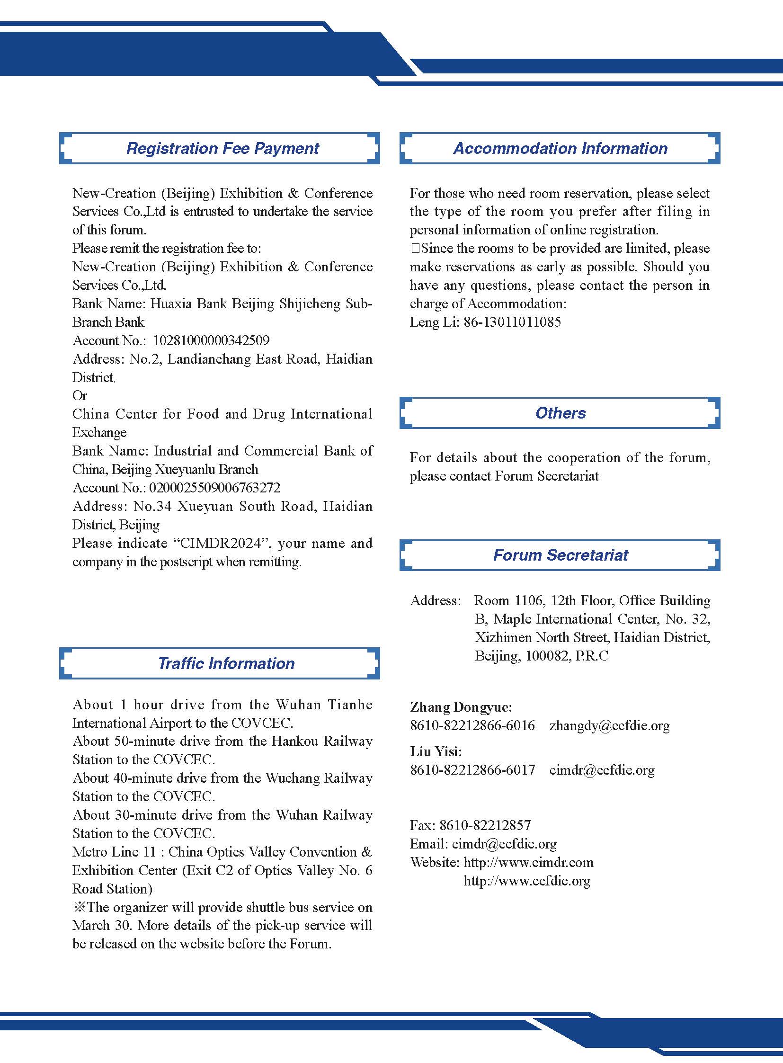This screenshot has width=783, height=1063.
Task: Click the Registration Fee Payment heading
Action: pyautogui.click(x=222, y=148)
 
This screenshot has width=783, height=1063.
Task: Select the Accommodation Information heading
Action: pyautogui.click(x=560, y=148)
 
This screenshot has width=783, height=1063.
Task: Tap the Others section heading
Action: pyautogui.click(x=560, y=413)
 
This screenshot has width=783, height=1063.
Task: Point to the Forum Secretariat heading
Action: pyautogui.click(x=560, y=555)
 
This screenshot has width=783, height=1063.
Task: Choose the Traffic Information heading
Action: pyautogui.click(x=226, y=663)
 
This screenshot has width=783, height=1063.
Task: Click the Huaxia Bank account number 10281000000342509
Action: pyautogui.click(x=211, y=340)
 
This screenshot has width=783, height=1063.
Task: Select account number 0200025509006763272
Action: pyautogui.click(x=214, y=488)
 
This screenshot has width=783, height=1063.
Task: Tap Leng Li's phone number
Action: pyautogui.click(x=512, y=322)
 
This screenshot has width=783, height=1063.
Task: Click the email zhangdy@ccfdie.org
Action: pyautogui.click(x=609, y=726)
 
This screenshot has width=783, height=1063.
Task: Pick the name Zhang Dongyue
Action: pyautogui.click(x=460, y=707)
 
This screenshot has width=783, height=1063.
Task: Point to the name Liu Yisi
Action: pyautogui.click(x=436, y=751)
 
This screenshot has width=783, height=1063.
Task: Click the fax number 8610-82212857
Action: pyautogui.click(x=485, y=825)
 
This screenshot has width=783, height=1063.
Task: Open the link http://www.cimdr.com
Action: pyautogui.click(x=528, y=862)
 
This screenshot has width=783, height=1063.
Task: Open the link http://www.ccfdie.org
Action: pyautogui.click(x=526, y=881)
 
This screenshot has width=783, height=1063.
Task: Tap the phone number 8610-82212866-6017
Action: pyautogui.click(x=472, y=770)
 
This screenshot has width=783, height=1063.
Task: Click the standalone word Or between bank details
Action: pyautogui.click(x=80, y=395)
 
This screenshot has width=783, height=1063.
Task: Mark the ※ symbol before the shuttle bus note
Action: pyautogui.click(x=79, y=908)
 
